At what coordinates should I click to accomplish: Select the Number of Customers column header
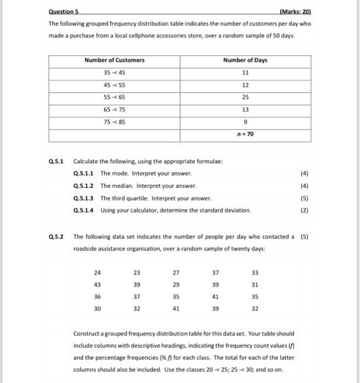(x=114, y=60)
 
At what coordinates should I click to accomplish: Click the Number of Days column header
(x=245, y=60)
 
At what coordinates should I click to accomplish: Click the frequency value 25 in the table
(x=245, y=97)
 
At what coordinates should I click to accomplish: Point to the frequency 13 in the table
(x=245, y=109)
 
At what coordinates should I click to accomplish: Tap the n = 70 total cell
(x=245, y=134)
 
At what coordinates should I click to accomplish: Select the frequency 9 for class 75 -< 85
(x=245, y=122)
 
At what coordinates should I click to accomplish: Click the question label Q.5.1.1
(x=84, y=173)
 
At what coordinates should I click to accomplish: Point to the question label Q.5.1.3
(x=84, y=198)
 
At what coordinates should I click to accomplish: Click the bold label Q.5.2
(x=56, y=237)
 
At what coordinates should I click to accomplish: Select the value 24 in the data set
(x=97, y=272)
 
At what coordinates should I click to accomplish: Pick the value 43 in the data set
(x=97, y=285)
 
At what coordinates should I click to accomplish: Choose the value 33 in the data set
(x=253, y=272)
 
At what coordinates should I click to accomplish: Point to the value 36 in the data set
(x=97, y=297)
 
